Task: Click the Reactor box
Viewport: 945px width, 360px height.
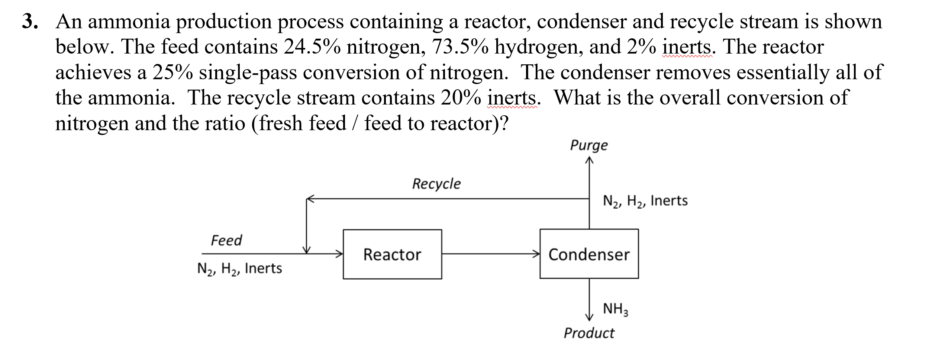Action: (x=392, y=254)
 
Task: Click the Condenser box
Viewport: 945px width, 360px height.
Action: (x=589, y=254)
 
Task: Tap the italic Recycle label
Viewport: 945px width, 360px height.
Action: (x=436, y=184)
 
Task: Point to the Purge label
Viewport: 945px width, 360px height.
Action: (x=589, y=145)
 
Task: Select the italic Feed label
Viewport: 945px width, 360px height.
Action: (x=226, y=240)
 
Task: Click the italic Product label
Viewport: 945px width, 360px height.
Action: (x=589, y=333)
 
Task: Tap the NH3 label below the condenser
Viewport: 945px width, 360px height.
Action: (x=615, y=309)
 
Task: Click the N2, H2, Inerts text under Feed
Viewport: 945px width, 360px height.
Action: (x=239, y=269)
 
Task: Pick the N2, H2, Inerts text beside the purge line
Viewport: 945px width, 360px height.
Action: (x=645, y=201)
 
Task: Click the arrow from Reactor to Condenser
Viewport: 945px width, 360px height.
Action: (x=491, y=254)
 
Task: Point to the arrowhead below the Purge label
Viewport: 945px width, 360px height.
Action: (x=589, y=160)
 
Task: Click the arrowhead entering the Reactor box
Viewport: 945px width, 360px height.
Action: (x=339, y=254)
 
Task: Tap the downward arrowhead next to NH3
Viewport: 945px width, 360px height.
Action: (x=589, y=316)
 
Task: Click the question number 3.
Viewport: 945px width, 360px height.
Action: (x=30, y=22)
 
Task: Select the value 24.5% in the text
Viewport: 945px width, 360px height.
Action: (x=312, y=47)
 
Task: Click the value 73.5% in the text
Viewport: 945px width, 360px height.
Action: (x=460, y=47)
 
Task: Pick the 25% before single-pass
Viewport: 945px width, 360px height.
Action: (x=172, y=73)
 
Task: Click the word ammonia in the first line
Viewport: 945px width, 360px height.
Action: (x=129, y=22)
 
